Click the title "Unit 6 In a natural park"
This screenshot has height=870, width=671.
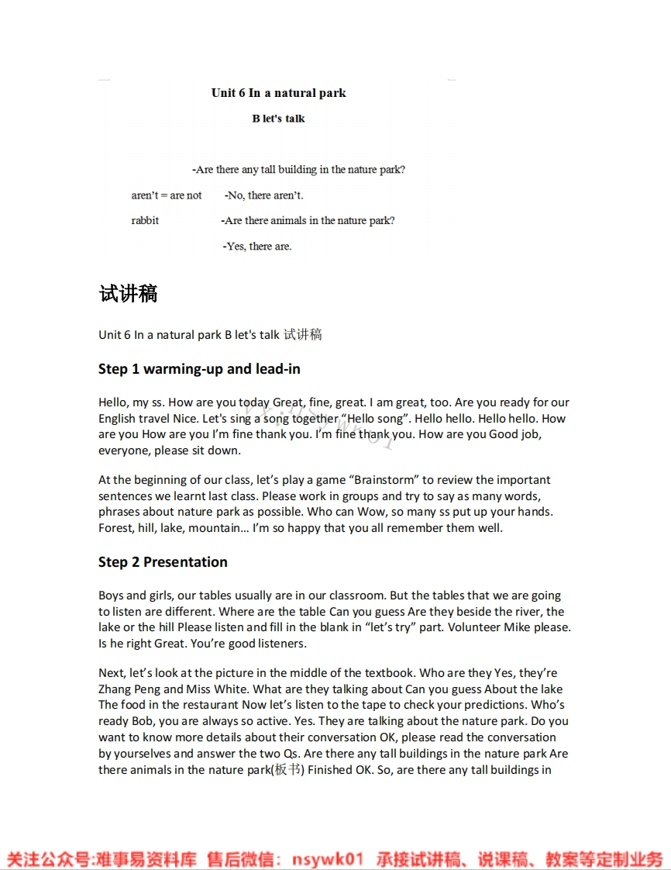coord(278,93)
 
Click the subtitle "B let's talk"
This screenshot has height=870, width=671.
coord(278,119)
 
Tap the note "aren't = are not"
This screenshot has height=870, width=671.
coord(166,195)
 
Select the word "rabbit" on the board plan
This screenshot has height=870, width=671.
coord(145,221)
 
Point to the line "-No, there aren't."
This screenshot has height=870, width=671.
coord(264,195)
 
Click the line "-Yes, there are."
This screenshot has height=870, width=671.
coord(257,247)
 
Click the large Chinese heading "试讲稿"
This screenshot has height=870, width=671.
coord(128,294)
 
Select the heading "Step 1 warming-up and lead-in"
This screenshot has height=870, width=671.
coord(199,369)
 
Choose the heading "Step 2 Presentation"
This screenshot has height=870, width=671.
coord(163,562)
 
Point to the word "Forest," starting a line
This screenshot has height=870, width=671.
coord(116,528)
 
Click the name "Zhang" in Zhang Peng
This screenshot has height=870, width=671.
coord(115,689)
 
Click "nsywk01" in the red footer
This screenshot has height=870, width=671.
coord(328,859)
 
